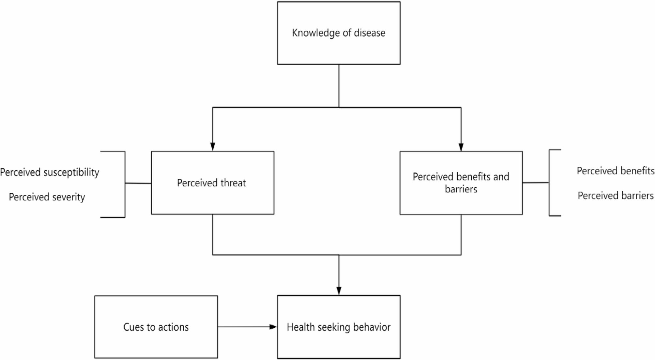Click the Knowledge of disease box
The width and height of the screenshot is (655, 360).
click(339, 33)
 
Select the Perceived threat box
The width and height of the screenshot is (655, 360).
click(213, 183)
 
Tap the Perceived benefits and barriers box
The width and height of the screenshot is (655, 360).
click(461, 183)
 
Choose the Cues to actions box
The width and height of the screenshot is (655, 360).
click(156, 327)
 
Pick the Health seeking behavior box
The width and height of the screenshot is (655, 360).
click(339, 327)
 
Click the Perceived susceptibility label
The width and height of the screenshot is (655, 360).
click(50, 172)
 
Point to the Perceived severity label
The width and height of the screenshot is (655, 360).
click(47, 197)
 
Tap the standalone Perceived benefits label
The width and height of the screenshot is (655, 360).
click(616, 171)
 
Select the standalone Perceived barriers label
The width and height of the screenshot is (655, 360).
click(616, 196)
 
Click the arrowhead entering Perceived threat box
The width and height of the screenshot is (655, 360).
click(213, 147)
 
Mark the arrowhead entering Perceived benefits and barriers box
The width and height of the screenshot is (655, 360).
click(461, 147)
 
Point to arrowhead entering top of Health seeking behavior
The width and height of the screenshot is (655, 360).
click(339, 291)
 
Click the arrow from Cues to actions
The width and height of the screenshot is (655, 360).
click(247, 327)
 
